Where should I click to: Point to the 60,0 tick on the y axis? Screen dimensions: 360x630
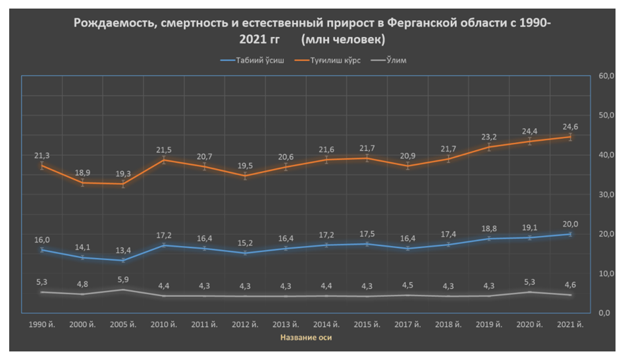[x=606, y=76]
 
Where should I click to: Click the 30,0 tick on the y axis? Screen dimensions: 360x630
[x=606, y=195]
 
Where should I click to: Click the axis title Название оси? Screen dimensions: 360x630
[x=306, y=338]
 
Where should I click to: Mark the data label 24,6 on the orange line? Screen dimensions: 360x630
[x=571, y=126]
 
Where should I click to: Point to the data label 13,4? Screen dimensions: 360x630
[x=123, y=250]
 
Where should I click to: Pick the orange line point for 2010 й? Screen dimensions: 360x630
[x=164, y=160]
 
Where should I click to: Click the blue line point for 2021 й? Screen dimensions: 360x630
[x=571, y=234]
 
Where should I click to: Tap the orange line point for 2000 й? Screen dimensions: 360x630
[x=82, y=183]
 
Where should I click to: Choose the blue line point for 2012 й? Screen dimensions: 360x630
[x=246, y=253]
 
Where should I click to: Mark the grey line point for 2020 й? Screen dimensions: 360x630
[x=530, y=292]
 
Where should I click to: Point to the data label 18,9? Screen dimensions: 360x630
[x=82, y=173]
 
